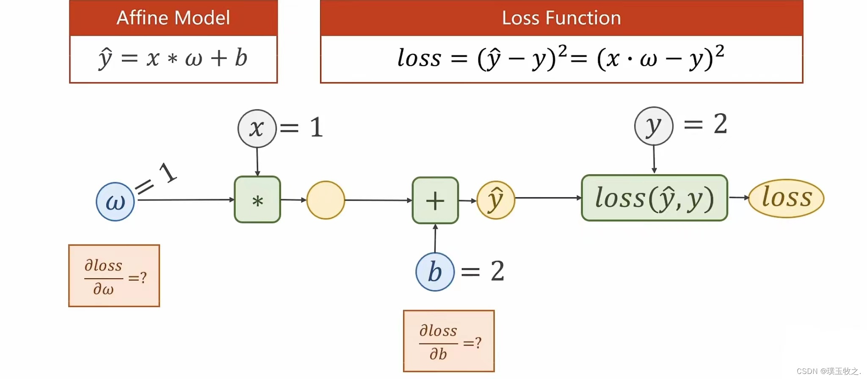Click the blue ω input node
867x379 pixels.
[x=115, y=202]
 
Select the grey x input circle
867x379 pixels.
[x=257, y=129]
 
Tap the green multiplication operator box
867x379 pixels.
[x=257, y=200]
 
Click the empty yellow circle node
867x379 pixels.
[x=326, y=200]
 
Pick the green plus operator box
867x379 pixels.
[x=435, y=200]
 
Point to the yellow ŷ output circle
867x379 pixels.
[x=496, y=200]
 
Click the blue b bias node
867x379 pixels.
[x=435, y=272]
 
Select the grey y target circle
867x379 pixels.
[x=654, y=126]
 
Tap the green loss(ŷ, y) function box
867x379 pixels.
[x=654, y=198]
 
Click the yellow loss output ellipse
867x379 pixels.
[x=786, y=198]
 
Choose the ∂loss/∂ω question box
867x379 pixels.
[x=114, y=276]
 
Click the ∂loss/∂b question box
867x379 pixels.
[x=449, y=341]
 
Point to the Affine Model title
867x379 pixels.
[x=173, y=18]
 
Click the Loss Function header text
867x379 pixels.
[x=561, y=18]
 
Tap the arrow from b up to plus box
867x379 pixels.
[x=435, y=239]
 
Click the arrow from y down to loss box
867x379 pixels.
[x=654, y=159]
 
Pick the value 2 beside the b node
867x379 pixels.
[x=497, y=271]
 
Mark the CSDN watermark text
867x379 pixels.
[x=828, y=371]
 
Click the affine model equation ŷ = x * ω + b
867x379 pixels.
[x=173, y=58]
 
